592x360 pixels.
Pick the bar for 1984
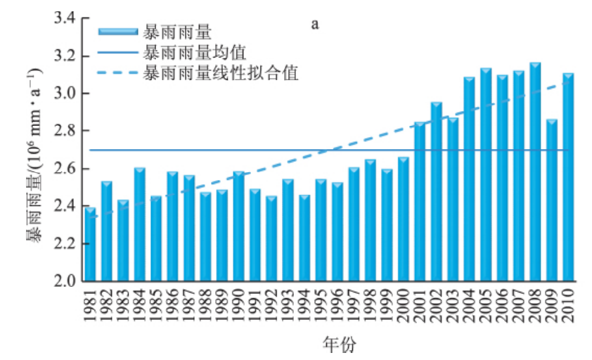[139, 224]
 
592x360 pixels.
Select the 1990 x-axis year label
[238, 304]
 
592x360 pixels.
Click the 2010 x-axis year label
[568, 304]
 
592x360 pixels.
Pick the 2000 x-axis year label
[404, 304]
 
